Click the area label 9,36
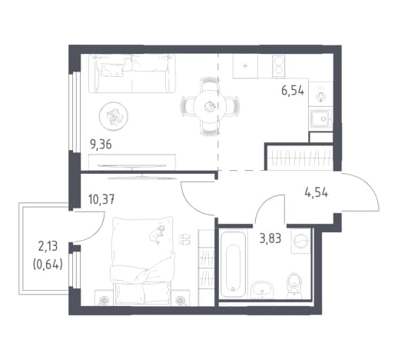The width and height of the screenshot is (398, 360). pyautogui.click(x=101, y=145)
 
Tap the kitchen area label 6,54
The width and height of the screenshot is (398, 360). pyautogui.click(x=293, y=91)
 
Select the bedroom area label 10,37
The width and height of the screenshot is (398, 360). pyautogui.click(x=101, y=199)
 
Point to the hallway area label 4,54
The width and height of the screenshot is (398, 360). pyautogui.click(x=317, y=192)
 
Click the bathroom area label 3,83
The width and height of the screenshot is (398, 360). pyautogui.click(x=270, y=238)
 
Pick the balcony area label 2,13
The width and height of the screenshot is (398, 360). pyautogui.click(x=48, y=247)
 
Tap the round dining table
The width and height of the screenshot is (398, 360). pyautogui.click(x=210, y=106)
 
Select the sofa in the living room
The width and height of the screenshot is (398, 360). pyautogui.click(x=132, y=74)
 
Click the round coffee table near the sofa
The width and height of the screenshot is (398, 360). pyautogui.click(x=114, y=116)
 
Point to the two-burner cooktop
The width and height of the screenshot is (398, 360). pyautogui.click(x=278, y=66)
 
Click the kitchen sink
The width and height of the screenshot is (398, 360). pyautogui.click(x=321, y=119)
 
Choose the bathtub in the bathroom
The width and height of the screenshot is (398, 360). pyautogui.click(x=233, y=264)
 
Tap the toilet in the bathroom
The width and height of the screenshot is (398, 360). pyautogui.click(x=294, y=285)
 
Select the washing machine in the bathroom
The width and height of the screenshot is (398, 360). pyautogui.click(x=301, y=241)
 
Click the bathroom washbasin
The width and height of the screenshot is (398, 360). pyautogui.click(x=262, y=289)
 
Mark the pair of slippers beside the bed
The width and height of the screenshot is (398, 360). pyautogui.click(x=184, y=239)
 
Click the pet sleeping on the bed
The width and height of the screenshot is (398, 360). pyautogui.click(x=157, y=234)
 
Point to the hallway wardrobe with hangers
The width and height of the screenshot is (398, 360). pyautogui.click(x=300, y=158)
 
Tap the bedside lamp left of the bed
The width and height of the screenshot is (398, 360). pyautogui.click(x=104, y=299)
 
